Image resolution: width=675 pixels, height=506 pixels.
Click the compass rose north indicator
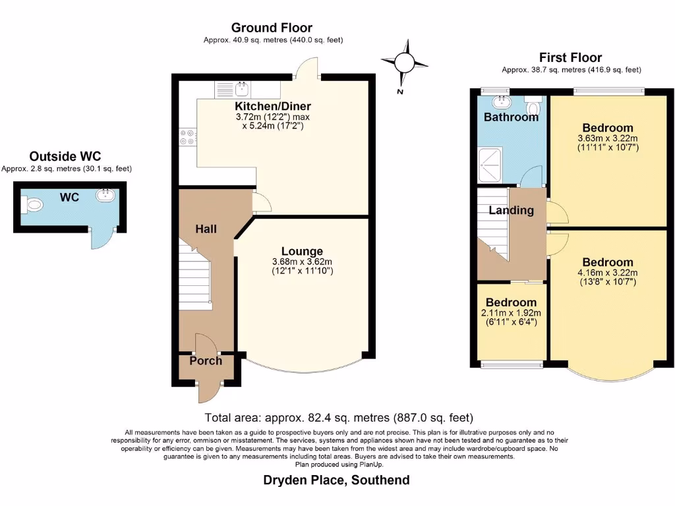(x=404, y=63)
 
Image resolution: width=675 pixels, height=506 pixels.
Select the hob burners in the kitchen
(x=186, y=136)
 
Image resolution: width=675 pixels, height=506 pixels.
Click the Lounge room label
(x=302, y=251)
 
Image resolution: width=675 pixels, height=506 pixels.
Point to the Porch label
(x=206, y=360)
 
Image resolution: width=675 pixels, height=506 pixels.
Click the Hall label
(x=206, y=229)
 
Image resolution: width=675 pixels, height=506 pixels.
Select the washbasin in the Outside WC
(x=106, y=195)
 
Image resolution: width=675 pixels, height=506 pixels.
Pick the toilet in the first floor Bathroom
(x=533, y=105)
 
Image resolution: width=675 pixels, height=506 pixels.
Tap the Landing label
(x=511, y=210)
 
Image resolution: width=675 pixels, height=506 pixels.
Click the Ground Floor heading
(x=272, y=28)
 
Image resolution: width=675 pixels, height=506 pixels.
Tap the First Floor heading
(x=570, y=57)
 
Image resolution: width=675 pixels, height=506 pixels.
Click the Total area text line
(x=339, y=418)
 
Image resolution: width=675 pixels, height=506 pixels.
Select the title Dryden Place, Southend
(x=336, y=480)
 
